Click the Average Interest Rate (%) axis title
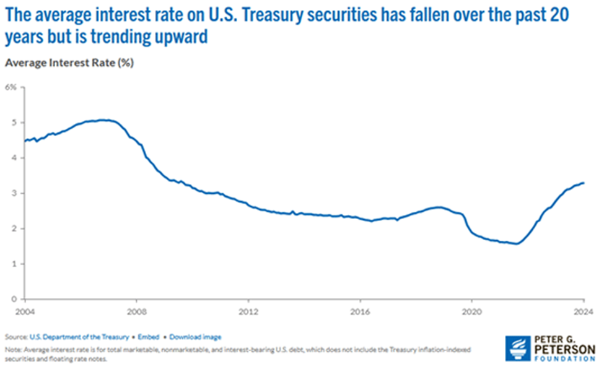69,63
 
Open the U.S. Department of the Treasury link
79,337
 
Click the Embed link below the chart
148,337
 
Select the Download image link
195,337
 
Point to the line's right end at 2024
583,183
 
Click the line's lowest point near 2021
516,244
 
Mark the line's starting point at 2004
25,141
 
